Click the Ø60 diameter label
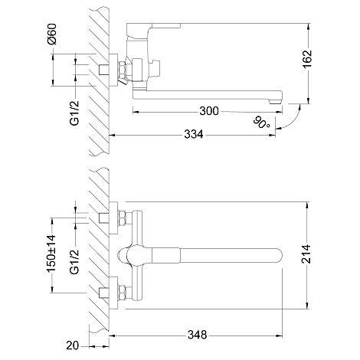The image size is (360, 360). [x=52, y=34]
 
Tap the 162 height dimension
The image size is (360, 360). [x=307, y=59]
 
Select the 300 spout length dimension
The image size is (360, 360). [x=209, y=111]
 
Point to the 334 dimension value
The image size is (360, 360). [x=194, y=134]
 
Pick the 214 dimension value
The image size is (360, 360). [x=306, y=254]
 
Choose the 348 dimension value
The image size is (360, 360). [x=198, y=335]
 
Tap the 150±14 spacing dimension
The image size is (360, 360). [x=51, y=254]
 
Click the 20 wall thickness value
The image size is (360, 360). [x=73, y=345]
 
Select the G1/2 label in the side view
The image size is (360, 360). [x=75, y=113]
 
